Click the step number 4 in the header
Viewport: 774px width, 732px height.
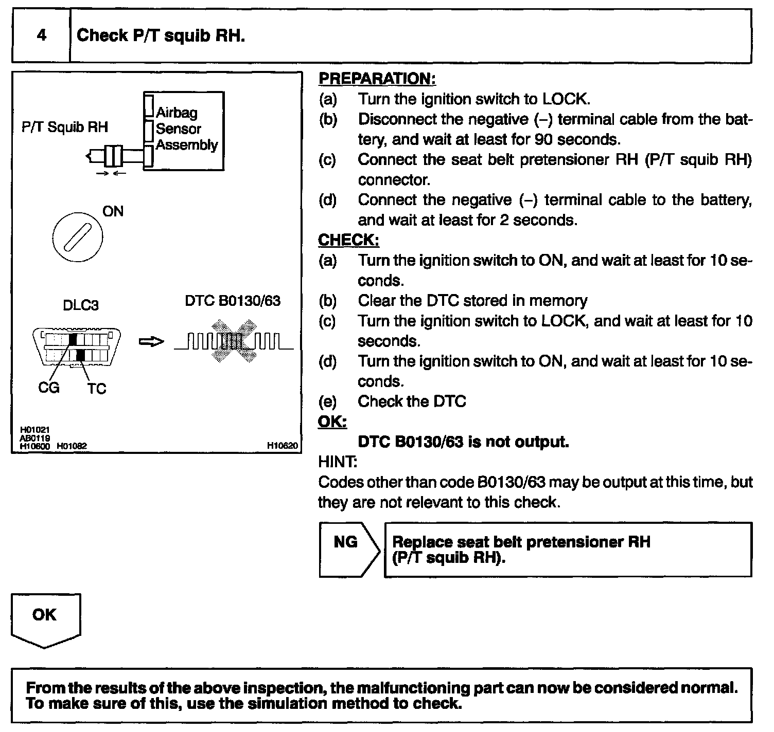point(42,35)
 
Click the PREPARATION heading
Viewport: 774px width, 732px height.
point(377,79)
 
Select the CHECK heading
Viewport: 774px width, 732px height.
point(348,240)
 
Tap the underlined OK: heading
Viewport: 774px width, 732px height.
point(332,422)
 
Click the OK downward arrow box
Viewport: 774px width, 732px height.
point(45,619)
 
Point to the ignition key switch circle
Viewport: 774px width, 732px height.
point(78,237)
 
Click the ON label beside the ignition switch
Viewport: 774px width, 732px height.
point(113,211)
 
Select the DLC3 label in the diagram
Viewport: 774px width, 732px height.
point(80,305)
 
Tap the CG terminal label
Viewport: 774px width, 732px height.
point(48,387)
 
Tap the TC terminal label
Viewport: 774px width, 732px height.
point(96,388)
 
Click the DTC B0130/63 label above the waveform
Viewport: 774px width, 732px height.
point(233,301)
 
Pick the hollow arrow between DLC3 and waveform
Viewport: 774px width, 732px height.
point(151,342)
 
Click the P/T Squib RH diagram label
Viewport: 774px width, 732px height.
point(65,127)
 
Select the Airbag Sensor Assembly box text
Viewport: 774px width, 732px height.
point(186,129)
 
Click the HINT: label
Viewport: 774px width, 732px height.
point(338,462)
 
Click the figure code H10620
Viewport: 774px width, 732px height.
point(283,446)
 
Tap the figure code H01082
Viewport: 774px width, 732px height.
point(72,446)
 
